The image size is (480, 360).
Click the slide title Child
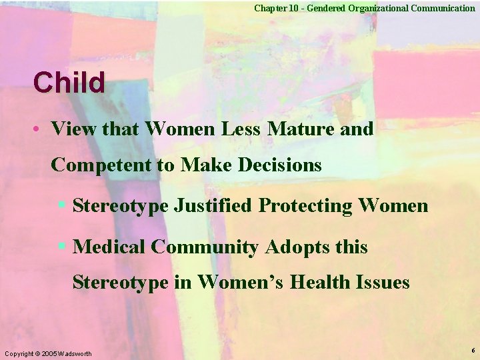pos(70,83)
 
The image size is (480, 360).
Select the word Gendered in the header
pos(323,8)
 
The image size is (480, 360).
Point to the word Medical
pos(109,247)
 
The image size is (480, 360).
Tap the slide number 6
pos(473,350)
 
